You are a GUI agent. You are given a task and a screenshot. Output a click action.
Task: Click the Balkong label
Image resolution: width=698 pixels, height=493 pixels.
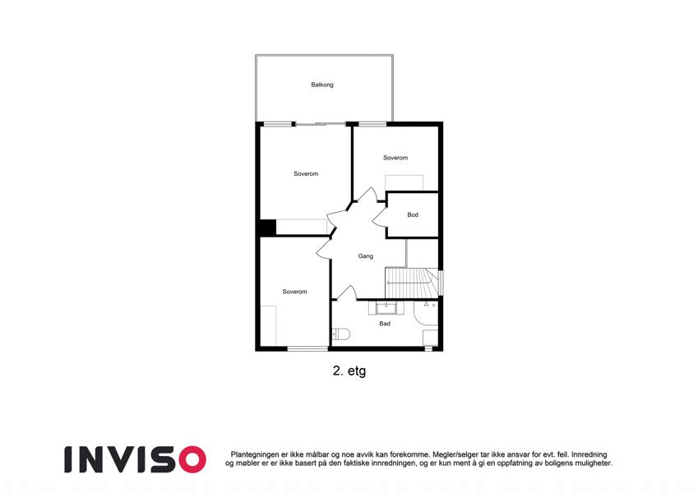point(321,85)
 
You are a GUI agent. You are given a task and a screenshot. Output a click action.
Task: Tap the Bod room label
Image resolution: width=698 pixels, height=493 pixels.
point(413,215)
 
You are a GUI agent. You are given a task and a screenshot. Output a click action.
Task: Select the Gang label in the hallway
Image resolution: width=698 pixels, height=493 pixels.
point(366,256)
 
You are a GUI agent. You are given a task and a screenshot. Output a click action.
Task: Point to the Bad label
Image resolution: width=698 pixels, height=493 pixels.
point(385,324)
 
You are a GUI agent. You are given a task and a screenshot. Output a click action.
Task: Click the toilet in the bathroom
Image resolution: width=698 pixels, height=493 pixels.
point(341,334)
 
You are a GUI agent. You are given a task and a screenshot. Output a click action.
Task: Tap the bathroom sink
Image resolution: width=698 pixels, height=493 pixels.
point(386,308)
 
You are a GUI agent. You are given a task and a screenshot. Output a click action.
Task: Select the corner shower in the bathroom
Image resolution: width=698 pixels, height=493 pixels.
point(426,311)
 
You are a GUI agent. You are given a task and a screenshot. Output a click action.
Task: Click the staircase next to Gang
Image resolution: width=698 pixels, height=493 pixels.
point(411,283)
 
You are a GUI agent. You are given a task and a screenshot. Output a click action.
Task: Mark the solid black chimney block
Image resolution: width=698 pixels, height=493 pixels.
point(268,228)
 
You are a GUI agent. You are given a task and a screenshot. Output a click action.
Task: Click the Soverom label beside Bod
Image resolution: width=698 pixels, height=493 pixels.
point(395,158)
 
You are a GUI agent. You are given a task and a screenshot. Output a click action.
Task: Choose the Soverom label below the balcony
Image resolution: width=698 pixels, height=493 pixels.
point(306,174)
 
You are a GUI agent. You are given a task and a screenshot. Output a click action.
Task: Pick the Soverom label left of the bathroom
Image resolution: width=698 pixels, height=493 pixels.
point(294,292)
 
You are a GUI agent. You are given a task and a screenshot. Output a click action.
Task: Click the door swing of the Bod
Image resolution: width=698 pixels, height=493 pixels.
point(379,218)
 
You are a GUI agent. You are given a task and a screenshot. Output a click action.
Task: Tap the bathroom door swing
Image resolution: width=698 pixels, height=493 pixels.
point(346,292)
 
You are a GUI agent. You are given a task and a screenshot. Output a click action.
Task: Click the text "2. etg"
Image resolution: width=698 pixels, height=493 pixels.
point(349,371)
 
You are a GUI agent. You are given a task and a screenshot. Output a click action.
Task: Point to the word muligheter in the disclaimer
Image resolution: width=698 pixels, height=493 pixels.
point(592,463)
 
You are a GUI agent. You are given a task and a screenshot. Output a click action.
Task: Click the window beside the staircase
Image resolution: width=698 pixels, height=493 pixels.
point(441,283)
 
